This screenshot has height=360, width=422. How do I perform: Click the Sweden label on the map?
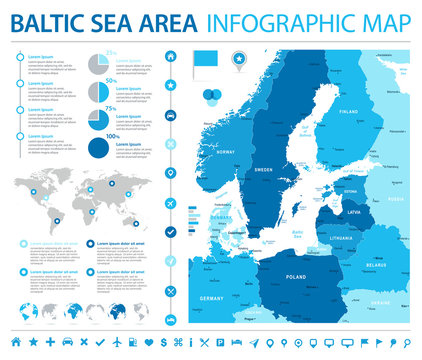[264, 171]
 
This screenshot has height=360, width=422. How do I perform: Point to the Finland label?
[348, 112]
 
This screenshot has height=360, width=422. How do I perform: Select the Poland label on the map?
[296, 276]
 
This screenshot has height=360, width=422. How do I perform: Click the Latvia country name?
[354, 212]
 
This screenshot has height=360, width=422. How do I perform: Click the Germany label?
[211, 299]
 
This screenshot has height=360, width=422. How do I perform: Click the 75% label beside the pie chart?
[111, 105]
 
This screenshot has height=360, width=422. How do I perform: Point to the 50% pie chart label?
[111, 78]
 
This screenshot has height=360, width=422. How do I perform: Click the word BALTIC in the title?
[52, 22]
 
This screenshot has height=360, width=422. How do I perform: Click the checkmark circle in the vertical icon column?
[171, 232]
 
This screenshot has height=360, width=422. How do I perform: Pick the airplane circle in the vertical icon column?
[171, 202]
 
